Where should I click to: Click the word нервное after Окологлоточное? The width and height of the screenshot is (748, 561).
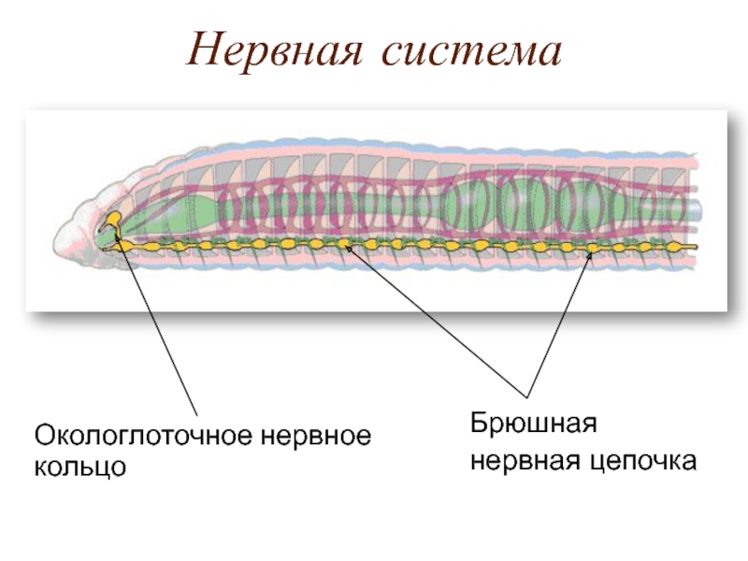(314, 437)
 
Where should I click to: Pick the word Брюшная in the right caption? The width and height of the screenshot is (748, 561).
(532, 425)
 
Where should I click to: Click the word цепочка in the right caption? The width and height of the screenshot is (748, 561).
(646, 460)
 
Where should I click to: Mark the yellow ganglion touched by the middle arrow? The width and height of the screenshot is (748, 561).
(347, 245)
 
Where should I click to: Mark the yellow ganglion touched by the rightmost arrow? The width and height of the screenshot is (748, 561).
(592, 247)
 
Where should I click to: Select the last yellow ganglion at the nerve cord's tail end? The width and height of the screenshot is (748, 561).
(674, 247)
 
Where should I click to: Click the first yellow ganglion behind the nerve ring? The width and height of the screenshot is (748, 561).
(150, 246)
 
